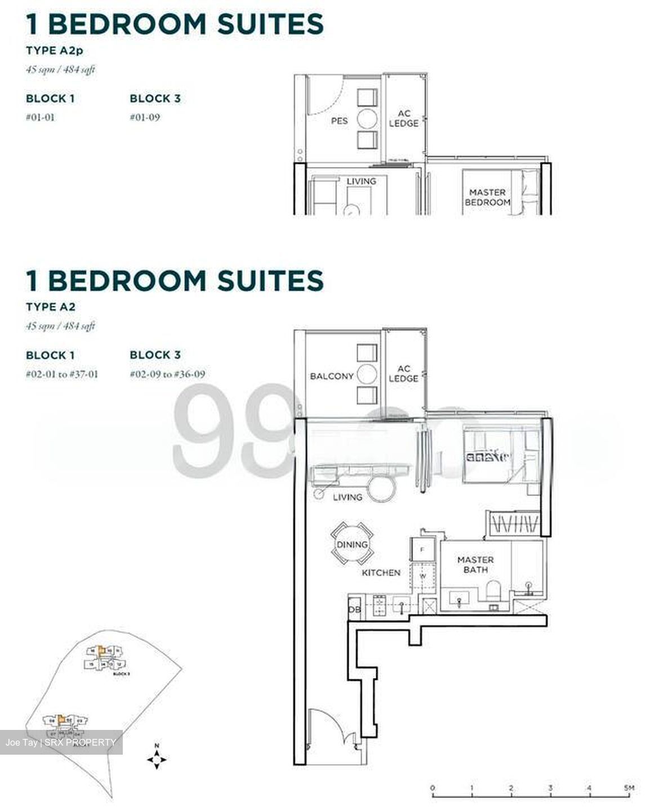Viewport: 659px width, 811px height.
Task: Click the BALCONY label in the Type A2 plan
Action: (x=332, y=376)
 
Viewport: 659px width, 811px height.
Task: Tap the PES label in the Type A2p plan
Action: (x=339, y=121)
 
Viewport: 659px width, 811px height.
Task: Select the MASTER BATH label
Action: (x=475, y=564)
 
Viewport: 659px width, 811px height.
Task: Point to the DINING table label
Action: (x=352, y=545)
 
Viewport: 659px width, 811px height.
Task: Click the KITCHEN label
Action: (x=381, y=572)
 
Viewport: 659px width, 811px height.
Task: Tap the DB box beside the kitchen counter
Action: (x=354, y=610)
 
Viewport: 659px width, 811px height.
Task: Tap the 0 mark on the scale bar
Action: (x=432, y=787)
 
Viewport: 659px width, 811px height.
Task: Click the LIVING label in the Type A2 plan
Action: (x=348, y=497)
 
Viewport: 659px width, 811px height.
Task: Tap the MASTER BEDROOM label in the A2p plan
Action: (x=487, y=197)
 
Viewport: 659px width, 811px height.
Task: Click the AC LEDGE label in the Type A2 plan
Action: (x=404, y=373)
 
